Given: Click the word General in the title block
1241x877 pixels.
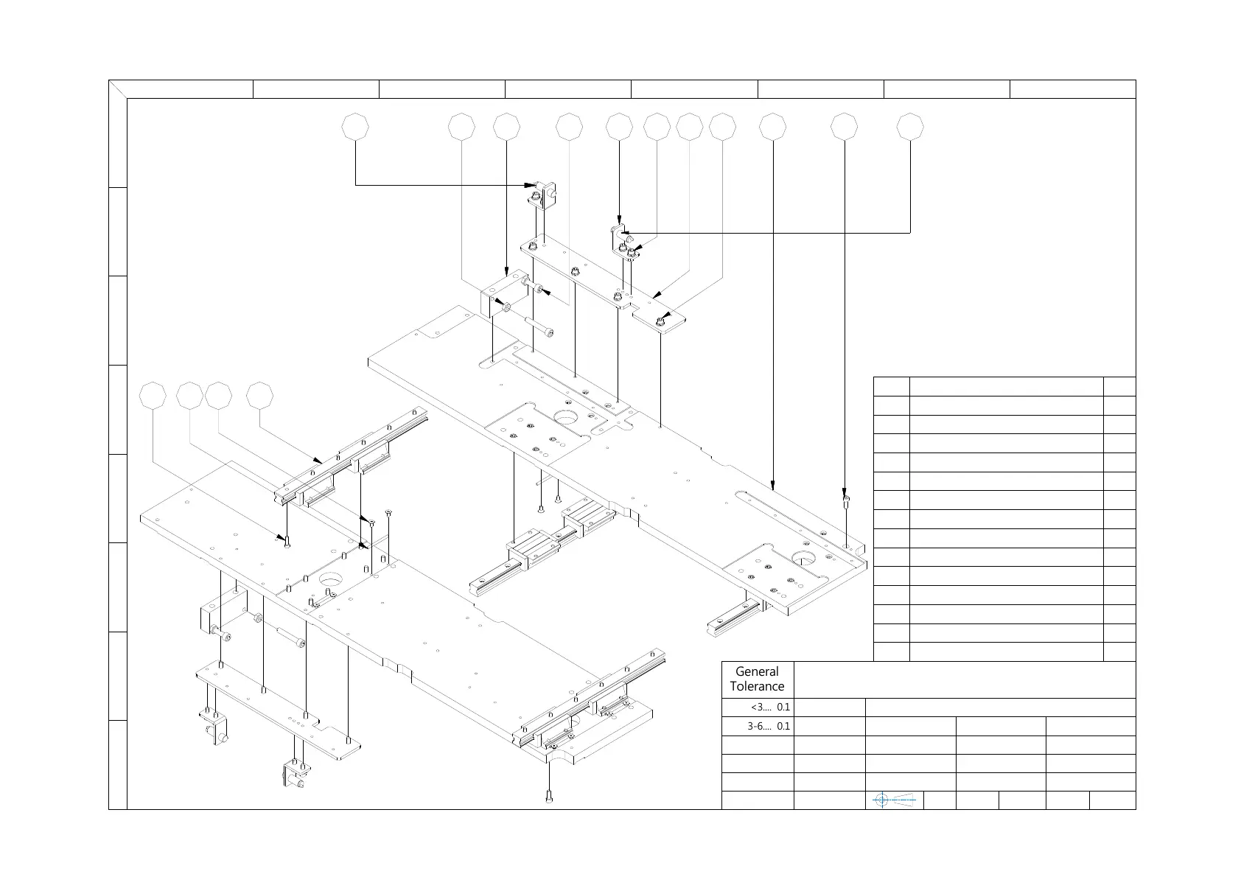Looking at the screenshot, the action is click(x=757, y=671).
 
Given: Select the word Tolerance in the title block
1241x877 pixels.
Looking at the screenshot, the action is click(x=757, y=687).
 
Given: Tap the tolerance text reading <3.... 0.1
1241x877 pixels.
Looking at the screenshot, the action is click(x=770, y=707).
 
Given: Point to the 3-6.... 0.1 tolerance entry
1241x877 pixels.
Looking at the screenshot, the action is click(x=769, y=726).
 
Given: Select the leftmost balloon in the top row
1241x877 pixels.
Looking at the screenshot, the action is click(x=355, y=127).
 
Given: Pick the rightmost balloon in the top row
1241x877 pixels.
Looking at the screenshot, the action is click(x=910, y=127).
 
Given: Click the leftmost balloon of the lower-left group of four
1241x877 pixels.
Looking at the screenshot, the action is click(x=153, y=396).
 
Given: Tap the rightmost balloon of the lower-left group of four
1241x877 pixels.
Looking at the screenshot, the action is click(x=259, y=396).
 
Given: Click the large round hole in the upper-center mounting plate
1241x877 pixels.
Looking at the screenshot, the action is click(x=567, y=417).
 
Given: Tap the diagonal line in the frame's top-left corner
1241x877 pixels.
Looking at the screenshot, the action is click(x=118, y=89).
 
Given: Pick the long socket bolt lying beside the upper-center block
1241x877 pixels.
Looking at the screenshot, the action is click(x=539, y=326).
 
